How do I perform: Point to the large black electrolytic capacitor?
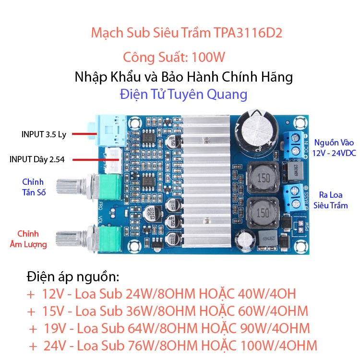tap(257, 133)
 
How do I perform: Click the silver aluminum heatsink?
tap(206, 181)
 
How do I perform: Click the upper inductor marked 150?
tap(263, 177)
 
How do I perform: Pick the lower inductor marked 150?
tap(263, 213)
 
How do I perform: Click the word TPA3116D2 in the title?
tap(248, 33)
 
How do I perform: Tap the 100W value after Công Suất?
tap(208, 57)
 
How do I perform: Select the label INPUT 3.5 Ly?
tap(44, 134)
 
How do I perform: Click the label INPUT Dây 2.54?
tap(37, 159)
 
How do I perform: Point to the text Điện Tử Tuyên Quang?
tap(183, 94)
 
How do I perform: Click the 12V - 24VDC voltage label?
tap(334, 153)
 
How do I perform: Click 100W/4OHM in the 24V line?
tap(279, 346)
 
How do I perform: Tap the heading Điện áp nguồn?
tap(73, 277)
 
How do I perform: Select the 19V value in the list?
tap(55, 328)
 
